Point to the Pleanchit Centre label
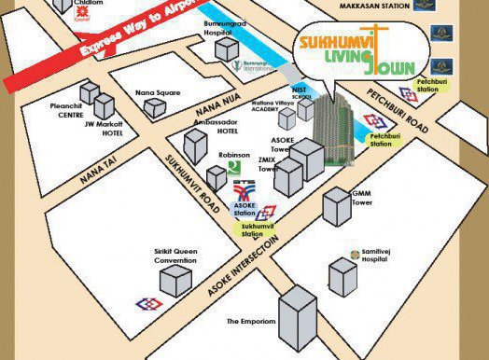pyautogui.click(x=66, y=111)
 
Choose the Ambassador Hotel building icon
pyautogui.click(x=196, y=146)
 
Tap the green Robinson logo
pyautogui.click(x=232, y=168)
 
